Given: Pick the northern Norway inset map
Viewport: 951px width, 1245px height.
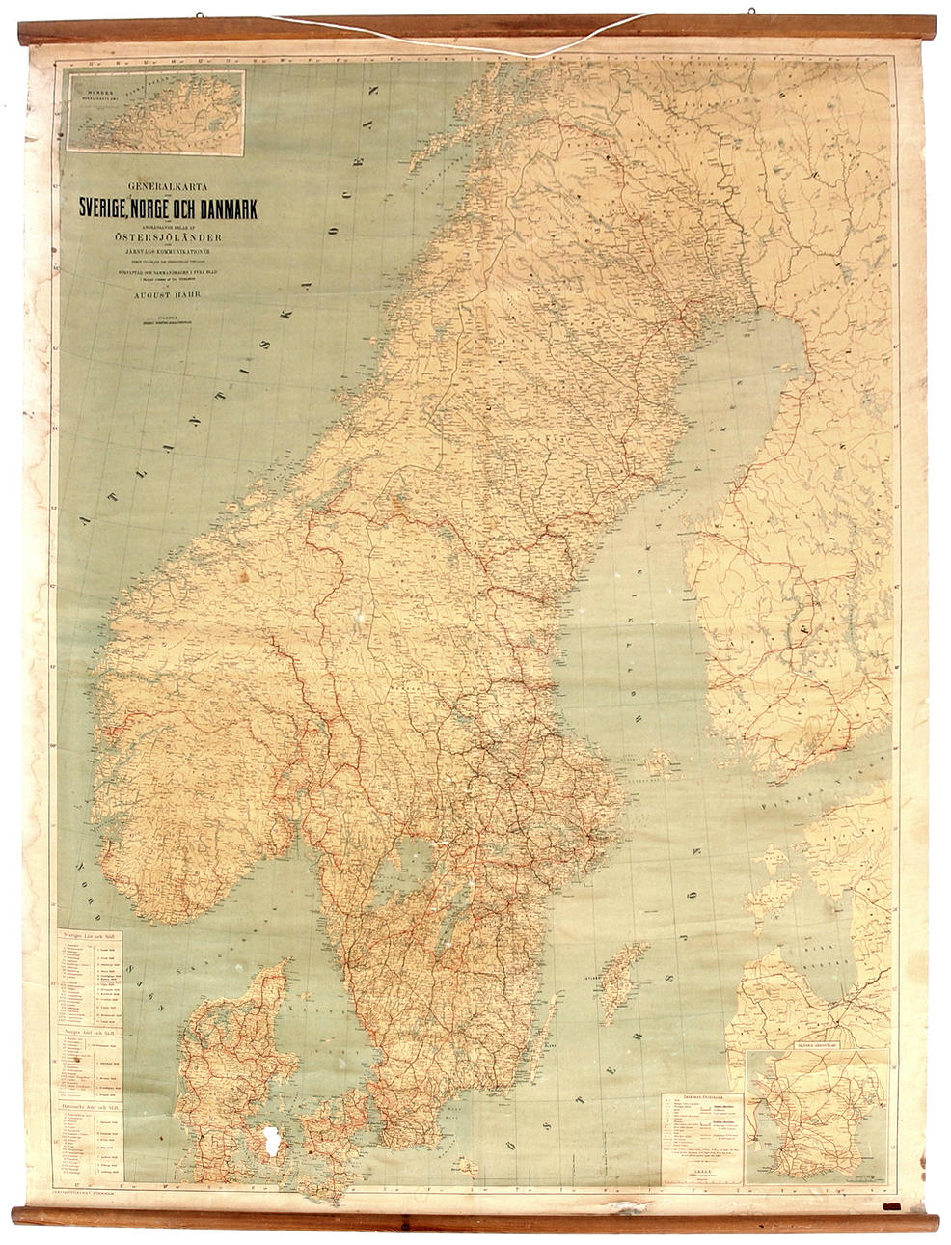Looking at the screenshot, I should (x=155, y=106).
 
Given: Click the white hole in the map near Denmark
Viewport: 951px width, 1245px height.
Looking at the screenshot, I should (x=270, y=1143).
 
